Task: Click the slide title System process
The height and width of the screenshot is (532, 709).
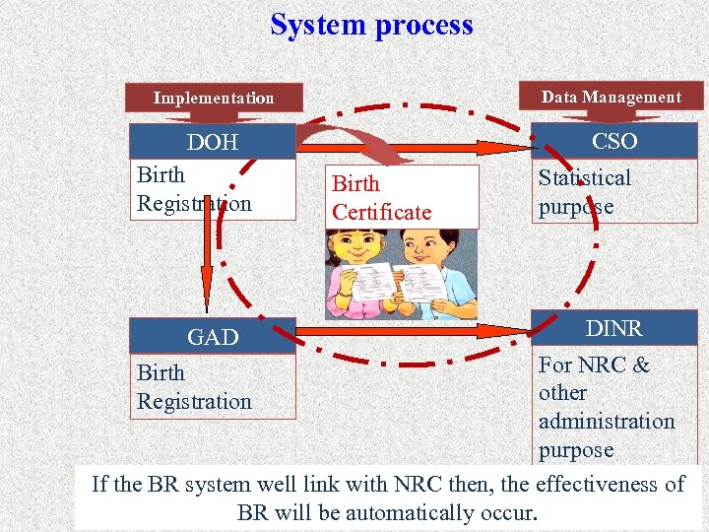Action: coord(371,25)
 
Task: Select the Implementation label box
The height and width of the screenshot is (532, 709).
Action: coord(213,98)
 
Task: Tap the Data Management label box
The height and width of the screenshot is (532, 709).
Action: coord(611,97)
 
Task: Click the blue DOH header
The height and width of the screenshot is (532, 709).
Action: coord(213,142)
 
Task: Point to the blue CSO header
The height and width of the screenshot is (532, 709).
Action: coord(613,141)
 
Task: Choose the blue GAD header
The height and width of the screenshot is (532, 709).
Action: coord(213,337)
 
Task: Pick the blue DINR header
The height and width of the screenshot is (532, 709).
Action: coord(613,328)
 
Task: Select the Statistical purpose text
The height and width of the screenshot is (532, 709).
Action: coord(584,192)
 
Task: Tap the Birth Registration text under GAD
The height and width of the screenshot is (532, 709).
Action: coord(194,387)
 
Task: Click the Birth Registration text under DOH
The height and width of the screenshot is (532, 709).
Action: coord(194,189)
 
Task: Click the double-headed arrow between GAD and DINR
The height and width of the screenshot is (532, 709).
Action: coord(414,330)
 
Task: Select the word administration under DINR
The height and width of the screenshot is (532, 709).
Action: coord(606,421)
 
